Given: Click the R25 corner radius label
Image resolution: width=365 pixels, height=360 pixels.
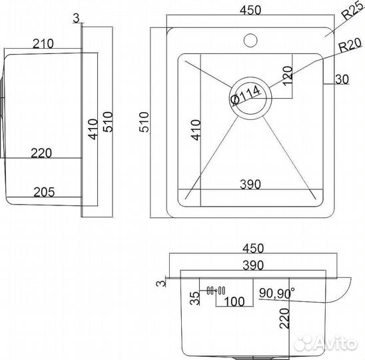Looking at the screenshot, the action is (354, 12).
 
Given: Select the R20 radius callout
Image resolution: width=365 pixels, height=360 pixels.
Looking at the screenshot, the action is (350, 46).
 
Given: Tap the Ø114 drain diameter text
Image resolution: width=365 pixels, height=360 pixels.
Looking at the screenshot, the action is (245, 95).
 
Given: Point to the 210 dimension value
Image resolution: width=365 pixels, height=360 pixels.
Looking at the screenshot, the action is (43, 43).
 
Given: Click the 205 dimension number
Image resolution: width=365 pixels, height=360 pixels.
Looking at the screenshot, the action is (44, 192).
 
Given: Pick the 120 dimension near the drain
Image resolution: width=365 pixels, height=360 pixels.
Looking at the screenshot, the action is (288, 76).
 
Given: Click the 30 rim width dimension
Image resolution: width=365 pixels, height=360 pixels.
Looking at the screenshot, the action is (342, 79).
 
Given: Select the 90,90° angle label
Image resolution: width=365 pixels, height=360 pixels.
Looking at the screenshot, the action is (277, 293).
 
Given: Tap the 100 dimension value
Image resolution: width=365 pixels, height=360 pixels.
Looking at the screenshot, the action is (234, 301).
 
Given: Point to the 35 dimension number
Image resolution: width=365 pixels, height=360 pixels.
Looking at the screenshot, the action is (195, 298).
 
